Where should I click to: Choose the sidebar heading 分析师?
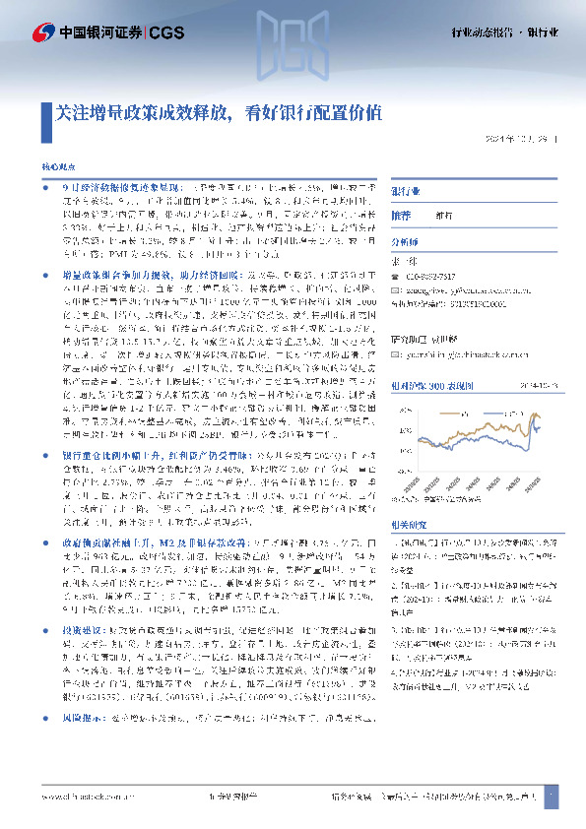pyautogui.click(x=405, y=242)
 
